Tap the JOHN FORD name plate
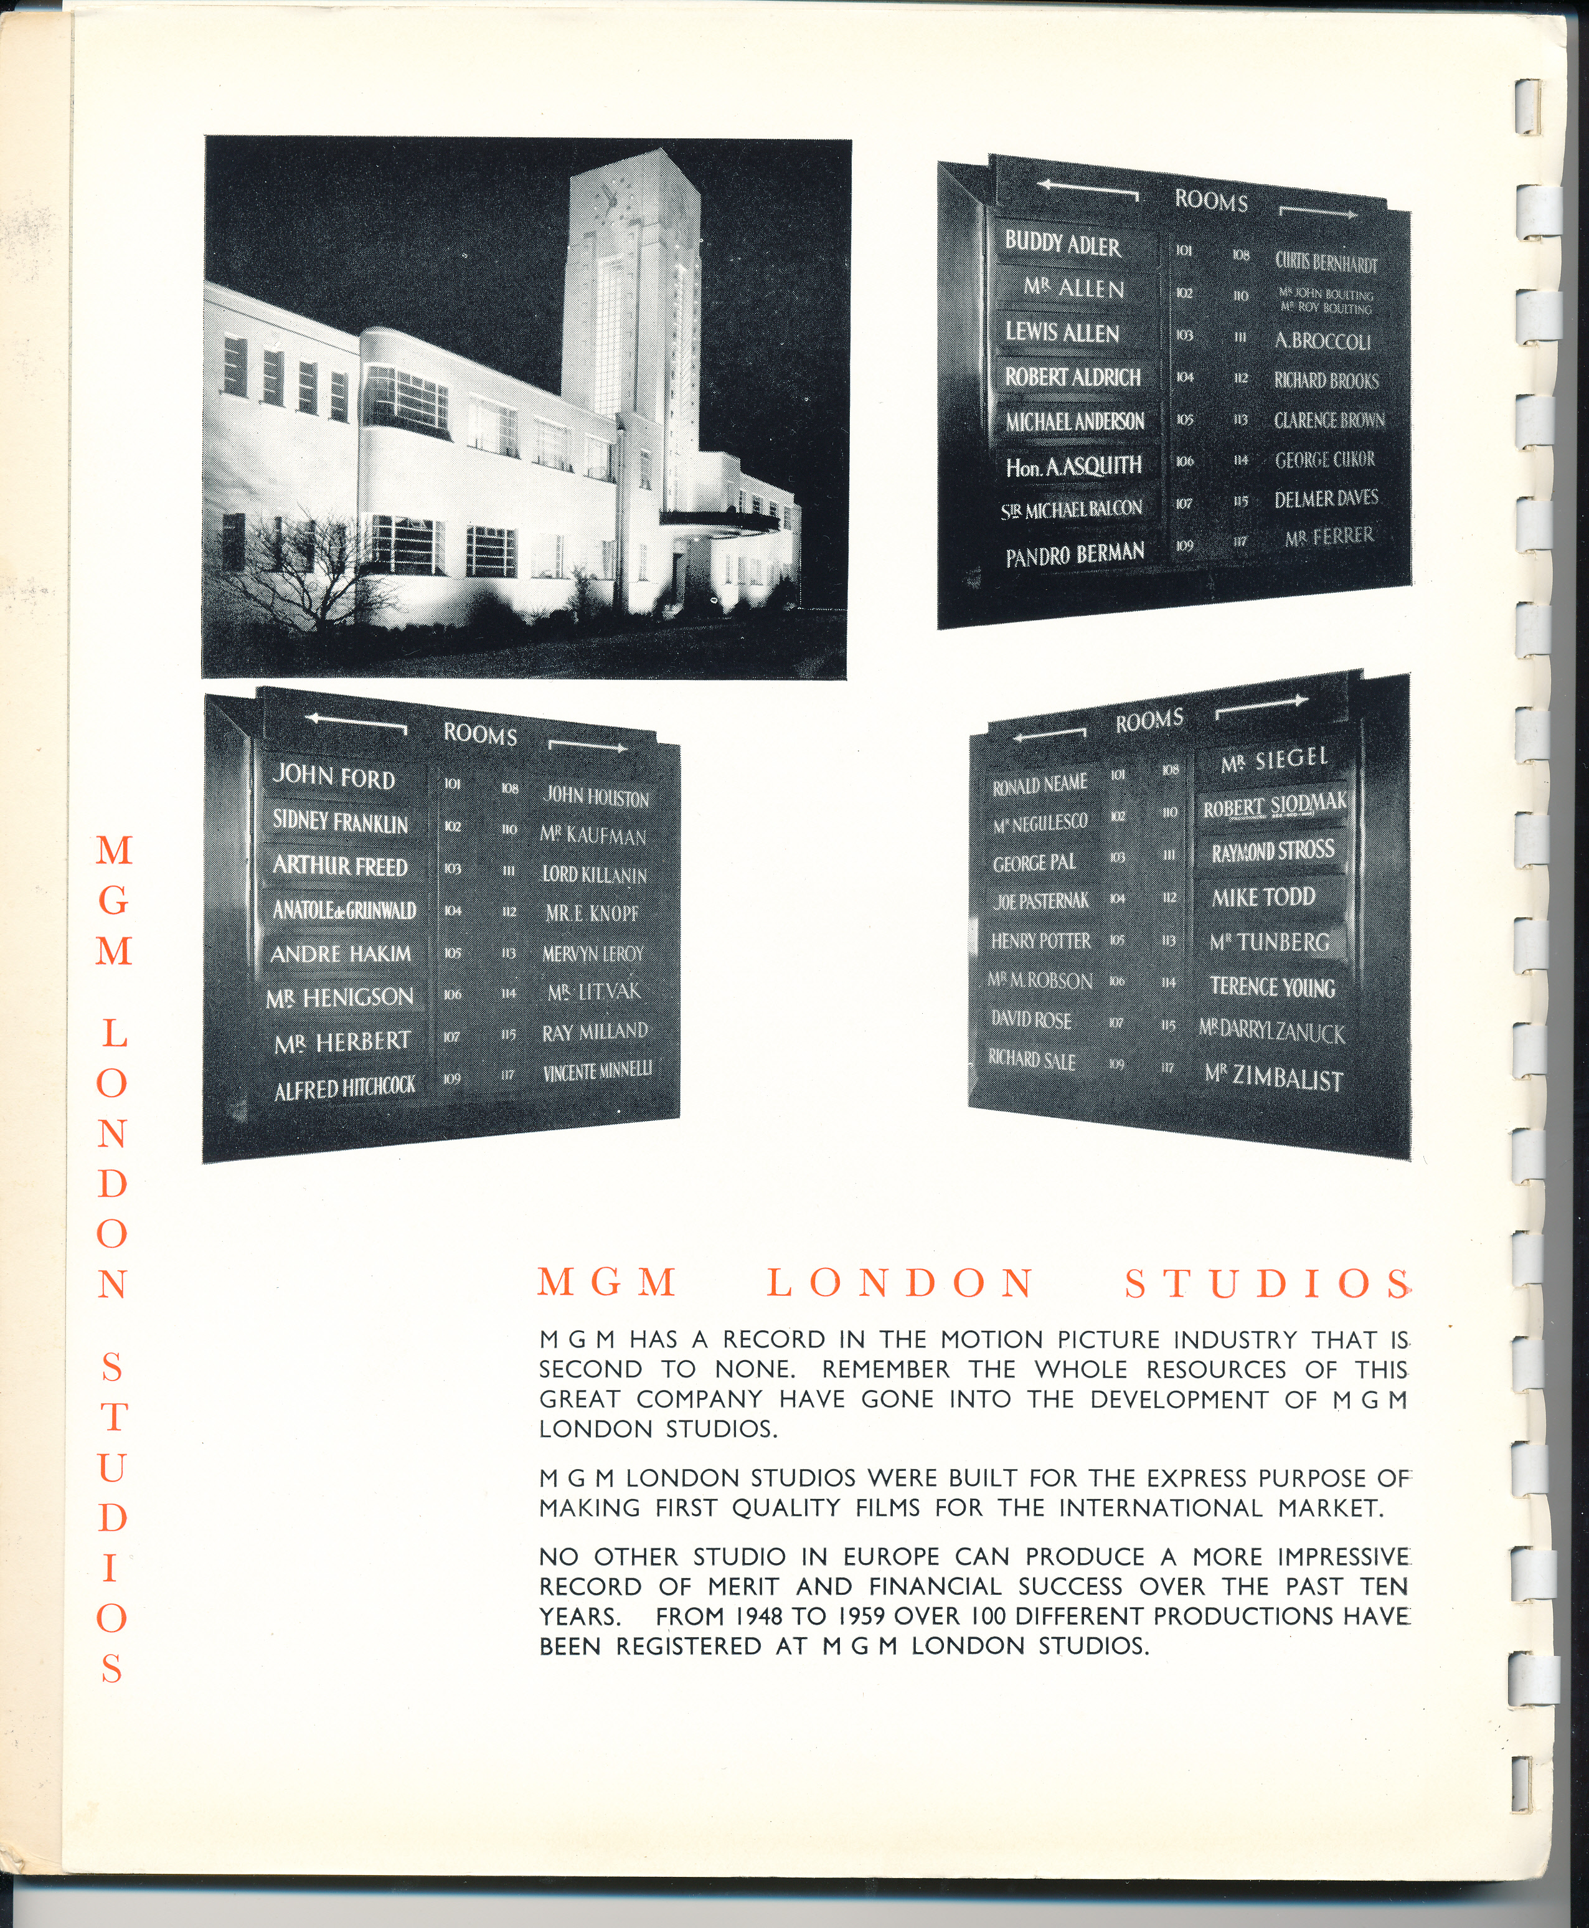click(334, 777)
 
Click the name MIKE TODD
click(1263, 897)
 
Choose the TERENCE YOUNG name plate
click(1271, 987)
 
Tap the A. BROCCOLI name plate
click(1323, 341)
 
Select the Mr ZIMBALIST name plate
click(1273, 1077)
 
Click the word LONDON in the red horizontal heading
click(901, 1283)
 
